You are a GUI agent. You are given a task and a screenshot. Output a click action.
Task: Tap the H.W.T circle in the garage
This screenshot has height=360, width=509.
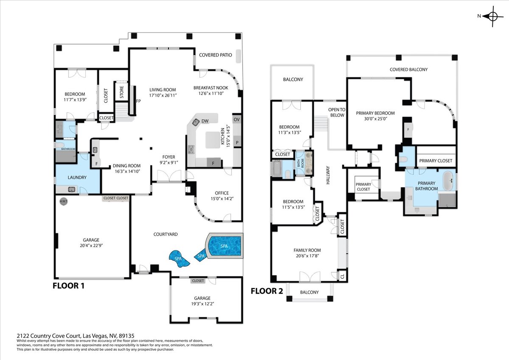63,202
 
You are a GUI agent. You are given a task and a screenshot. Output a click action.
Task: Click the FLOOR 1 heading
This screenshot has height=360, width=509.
68,286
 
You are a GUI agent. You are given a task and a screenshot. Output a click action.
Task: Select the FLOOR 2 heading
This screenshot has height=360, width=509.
267,291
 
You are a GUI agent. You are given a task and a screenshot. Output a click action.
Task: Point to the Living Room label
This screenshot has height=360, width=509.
162,90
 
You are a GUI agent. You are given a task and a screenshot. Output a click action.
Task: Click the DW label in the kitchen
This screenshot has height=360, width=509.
205,121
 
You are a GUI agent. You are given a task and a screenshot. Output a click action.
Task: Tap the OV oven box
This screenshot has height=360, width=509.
237,120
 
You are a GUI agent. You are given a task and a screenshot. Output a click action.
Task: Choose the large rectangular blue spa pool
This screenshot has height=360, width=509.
224,246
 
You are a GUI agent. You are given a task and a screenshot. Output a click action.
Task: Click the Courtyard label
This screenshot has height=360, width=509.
165,234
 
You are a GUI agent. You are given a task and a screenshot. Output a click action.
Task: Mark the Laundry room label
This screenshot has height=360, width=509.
77,177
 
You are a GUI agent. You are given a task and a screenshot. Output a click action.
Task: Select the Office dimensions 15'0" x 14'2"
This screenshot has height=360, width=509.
222,199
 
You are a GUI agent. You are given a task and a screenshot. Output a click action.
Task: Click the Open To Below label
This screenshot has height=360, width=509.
337,112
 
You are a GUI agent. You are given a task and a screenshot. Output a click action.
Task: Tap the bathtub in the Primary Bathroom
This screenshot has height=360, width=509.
448,181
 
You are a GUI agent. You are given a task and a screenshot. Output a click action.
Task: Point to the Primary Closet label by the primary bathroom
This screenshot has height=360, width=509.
436,161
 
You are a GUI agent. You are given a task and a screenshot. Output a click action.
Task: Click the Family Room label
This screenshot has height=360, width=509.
307,250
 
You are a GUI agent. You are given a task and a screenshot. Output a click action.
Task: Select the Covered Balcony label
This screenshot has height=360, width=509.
408,70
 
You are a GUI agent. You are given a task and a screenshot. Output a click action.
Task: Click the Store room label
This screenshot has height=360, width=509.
122,92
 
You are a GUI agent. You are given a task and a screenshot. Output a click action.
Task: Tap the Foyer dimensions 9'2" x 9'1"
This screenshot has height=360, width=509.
169,162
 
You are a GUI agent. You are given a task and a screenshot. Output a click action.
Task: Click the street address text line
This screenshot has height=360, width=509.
76,336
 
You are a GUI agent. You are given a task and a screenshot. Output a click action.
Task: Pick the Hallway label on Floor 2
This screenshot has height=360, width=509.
327,175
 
